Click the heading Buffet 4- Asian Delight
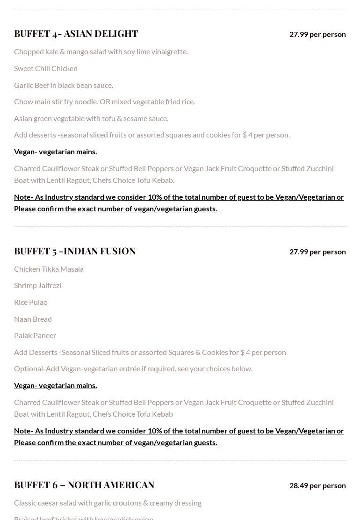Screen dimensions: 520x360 [x=76, y=34]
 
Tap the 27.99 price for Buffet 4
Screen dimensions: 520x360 [x=317, y=34]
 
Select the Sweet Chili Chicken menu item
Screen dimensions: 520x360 [x=46, y=68]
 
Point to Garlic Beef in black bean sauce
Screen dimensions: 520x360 [x=64, y=85]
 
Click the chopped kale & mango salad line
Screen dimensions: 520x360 [x=101, y=51]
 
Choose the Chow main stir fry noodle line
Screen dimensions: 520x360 [x=104, y=101]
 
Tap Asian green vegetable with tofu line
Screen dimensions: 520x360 [x=91, y=118]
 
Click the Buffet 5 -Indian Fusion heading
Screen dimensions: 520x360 [x=75, y=251]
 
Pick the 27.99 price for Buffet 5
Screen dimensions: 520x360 [x=317, y=252]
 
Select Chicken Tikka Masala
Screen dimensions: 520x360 [x=49, y=269]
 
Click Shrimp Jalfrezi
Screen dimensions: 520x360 [x=37, y=285]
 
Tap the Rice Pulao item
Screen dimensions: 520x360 [x=31, y=302]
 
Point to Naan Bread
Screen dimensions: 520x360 [x=33, y=319]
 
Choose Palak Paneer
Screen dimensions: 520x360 [x=35, y=335]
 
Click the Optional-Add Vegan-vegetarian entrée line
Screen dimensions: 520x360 [x=133, y=368]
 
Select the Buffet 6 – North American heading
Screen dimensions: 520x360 [x=84, y=485]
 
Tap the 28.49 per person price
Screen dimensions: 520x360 [x=317, y=485]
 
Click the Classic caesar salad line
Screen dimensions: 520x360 [x=108, y=503]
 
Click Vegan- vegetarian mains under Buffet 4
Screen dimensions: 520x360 [x=56, y=152]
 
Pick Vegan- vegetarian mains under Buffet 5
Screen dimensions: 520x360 [x=56, y=385]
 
